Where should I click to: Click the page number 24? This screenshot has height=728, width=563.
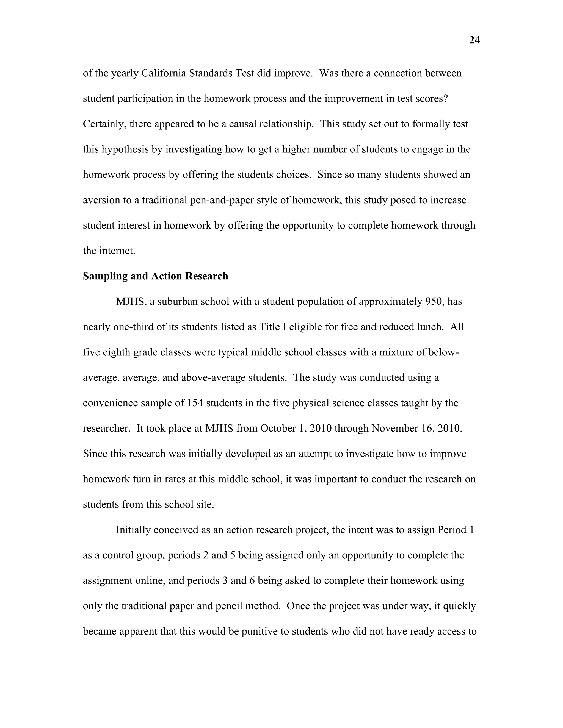pos(474,40)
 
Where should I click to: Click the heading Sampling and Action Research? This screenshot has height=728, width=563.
pos(155,276)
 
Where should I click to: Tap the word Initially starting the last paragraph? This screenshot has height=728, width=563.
pos(133,530)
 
